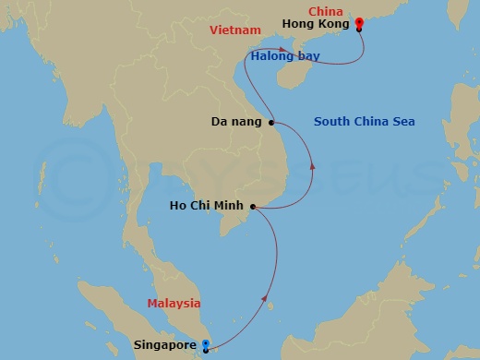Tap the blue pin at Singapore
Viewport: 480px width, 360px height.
[205, 346]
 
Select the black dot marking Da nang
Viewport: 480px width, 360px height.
[271, 122]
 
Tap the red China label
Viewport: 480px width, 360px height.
[325, 12]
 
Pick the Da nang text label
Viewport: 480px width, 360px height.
[236, 122]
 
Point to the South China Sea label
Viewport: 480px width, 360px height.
[364, 122]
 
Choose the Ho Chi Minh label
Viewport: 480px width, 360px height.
[208, 207]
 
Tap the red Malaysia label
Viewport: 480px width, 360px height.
[174, 304]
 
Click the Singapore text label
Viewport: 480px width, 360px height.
[165, 346]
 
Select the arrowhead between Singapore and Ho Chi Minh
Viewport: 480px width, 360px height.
[268, 300]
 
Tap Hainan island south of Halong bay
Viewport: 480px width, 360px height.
[294, 76]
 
